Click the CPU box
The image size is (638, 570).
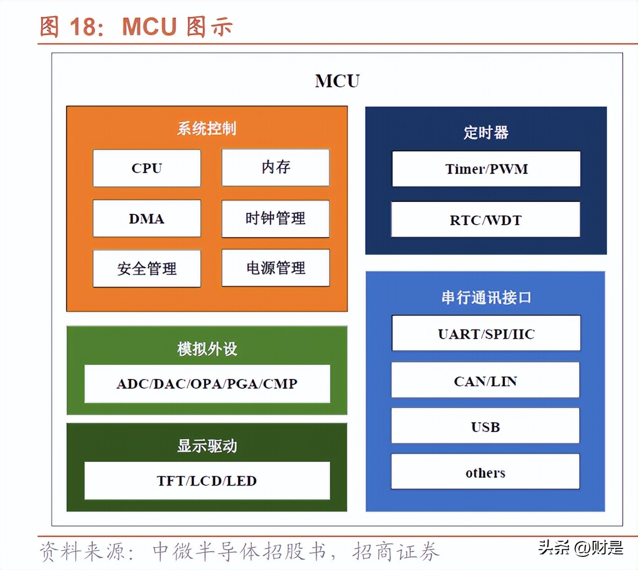[x=147, y=168]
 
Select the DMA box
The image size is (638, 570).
[x=147, y=219]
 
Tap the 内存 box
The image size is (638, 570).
[x=276, y=167]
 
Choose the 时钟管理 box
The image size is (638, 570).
[x=276, y=219]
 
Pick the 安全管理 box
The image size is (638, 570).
[x=147, y=269]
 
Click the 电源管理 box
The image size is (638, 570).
[x=276, y=268]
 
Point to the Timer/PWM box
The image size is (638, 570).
[x=486, y=169]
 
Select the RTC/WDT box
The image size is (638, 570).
[x=486, y=220]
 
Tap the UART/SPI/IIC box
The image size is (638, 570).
[x=486, y=334]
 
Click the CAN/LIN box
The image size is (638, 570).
[x=485, y=380]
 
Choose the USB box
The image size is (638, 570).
[x=485, y=426]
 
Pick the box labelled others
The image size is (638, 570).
[x=485, y=472]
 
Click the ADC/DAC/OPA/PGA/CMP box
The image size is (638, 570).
[x=207, y=384]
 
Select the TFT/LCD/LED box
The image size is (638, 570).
[x=207, y=481]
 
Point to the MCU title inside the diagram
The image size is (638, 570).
[x=337, y=81]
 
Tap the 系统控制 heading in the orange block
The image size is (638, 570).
[x=206, y=128]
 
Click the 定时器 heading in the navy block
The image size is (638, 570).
[x=486, y=132]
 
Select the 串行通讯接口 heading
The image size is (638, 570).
[x=486, y=297]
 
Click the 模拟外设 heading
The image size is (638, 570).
[x=207, y=349]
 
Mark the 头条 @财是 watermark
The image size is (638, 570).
[x=581, y=548]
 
